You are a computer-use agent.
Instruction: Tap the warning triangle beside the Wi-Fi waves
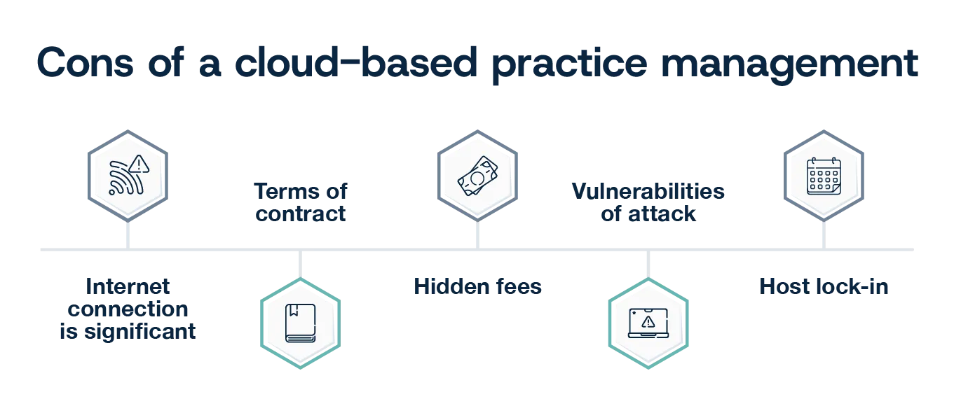(139, 164)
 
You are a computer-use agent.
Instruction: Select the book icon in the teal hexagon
(300, 323)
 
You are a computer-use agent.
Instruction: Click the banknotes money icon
(476, 175)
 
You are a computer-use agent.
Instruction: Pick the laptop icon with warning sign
(648, 323)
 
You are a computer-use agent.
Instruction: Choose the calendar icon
(823, 175)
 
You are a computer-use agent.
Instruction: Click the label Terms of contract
(300, 202)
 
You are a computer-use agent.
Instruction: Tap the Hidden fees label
(479, 286)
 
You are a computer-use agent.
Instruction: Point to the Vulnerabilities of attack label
(648, 202)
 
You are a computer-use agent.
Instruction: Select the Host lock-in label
(824, 286)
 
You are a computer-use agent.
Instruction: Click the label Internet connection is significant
(126, 309)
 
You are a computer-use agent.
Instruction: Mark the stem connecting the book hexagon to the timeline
(300, 263)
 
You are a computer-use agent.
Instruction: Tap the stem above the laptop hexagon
(648, 263)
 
